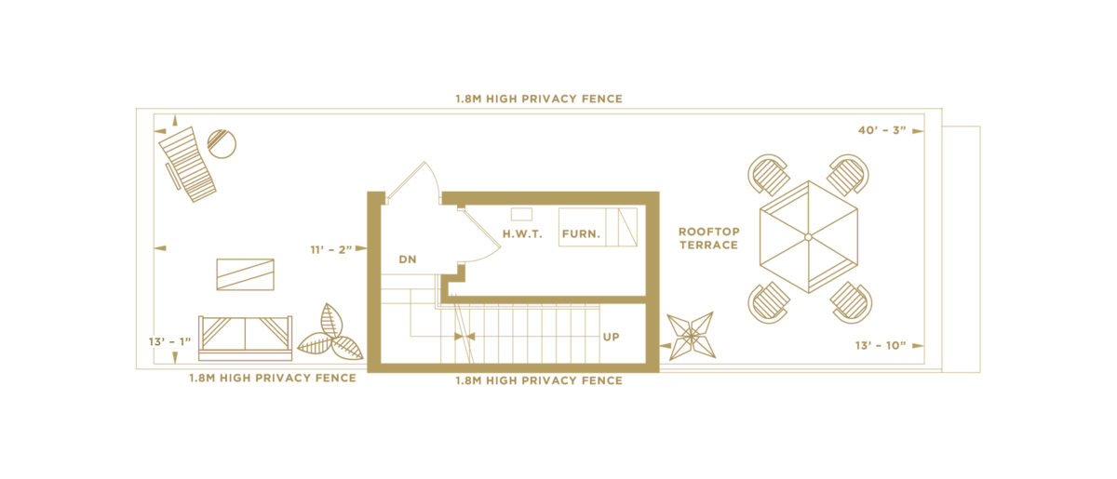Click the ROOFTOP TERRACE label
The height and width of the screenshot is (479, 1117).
[708, 238]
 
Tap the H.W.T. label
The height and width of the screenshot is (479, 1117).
[522, 233]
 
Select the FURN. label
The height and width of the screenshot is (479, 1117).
[581, 233]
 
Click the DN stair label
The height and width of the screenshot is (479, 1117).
[408, 259]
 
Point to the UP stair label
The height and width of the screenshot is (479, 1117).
[611, 337]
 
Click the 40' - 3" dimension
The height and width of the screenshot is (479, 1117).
[881, 131]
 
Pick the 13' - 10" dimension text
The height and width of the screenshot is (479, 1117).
[880, 346]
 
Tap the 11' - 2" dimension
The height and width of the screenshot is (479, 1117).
[330, 249]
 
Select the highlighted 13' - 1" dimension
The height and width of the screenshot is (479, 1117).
[169, 341]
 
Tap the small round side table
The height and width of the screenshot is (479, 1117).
[222, 143]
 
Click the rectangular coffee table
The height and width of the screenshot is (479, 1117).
[245, 274]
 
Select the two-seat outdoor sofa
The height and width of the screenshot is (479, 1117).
[245, 337]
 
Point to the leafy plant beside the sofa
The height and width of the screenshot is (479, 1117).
[330, 333]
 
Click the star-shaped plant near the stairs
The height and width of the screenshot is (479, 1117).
[691, 335]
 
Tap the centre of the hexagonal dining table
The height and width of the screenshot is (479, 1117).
[808, 237]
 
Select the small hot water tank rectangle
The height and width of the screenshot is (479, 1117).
[521, 214]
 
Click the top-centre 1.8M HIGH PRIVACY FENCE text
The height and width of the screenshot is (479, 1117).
[539, 99]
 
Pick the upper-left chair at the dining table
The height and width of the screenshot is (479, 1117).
[768, 174]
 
